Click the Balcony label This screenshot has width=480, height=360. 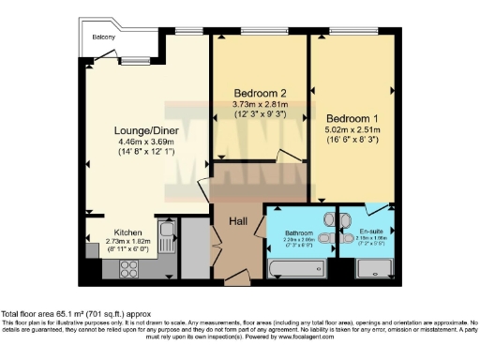tap(103, 37)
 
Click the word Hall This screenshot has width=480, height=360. tap(238, 221)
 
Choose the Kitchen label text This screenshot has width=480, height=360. tap(128, 232)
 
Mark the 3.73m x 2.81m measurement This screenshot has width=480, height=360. tap(258, 104)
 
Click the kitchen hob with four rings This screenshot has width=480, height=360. tap(127, 265)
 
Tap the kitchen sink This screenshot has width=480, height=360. tap(167, 232)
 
